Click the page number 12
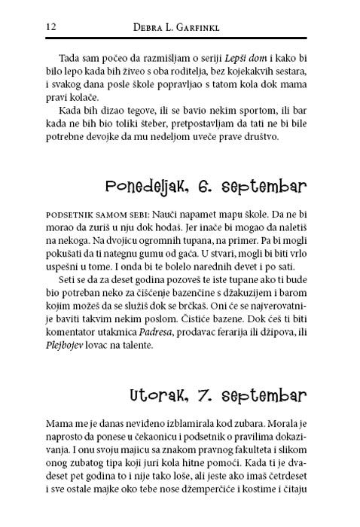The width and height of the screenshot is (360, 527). point(52,27)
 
